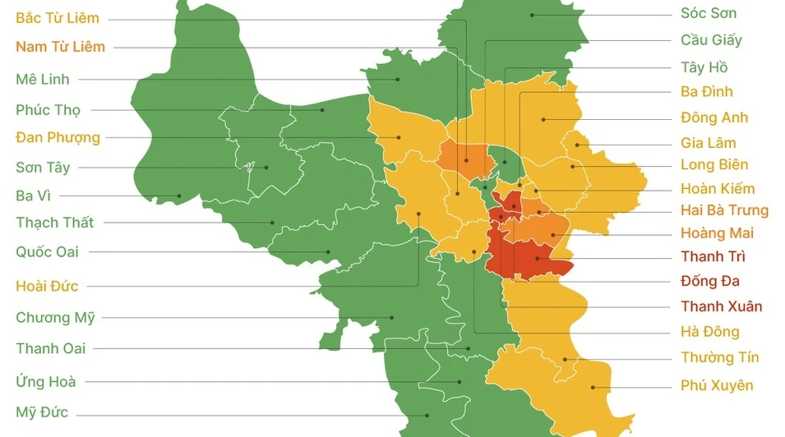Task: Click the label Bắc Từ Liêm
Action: (x=58, y=18)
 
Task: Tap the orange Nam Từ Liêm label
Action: (x=60, y=47)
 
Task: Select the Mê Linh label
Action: (x=43, y=80)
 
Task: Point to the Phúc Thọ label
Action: (x=48, y=110)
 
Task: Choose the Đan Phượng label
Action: (x=58, y=137)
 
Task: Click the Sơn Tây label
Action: (x=43, y=168)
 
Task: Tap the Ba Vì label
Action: (x=34, y=195)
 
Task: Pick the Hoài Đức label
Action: (x=47, y=286)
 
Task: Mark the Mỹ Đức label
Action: (x=42, y=412)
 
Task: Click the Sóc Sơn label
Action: (x=709, y=13)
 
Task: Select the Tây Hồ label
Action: (x=704, y=67)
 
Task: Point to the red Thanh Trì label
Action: (x=713, y=257)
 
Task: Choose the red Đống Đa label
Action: (x=710, y=282)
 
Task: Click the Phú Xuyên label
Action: (x=717, y=385)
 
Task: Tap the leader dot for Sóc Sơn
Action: (x=533, y=14)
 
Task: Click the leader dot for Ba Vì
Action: (x=179, y=195)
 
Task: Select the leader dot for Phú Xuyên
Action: (x=592, y=387)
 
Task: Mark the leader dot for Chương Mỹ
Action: (x=391, y=317)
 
